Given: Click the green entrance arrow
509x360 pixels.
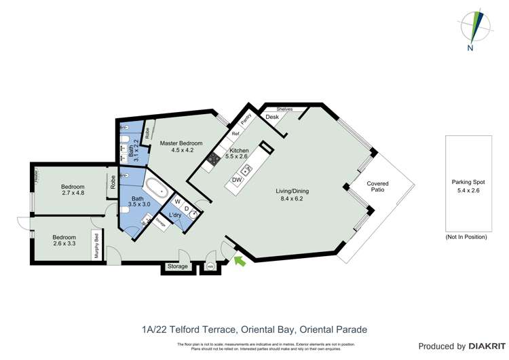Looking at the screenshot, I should (x=239, y=261).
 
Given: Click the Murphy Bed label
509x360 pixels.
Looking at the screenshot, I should (x=97, y=247).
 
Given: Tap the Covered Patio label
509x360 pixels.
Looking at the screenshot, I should (x=377, y=187).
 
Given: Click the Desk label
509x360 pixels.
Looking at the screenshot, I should (x=272, y=118).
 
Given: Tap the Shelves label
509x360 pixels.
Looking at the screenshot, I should (x=284, y=109).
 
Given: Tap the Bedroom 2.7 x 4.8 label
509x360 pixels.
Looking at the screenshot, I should (x=73, y=190).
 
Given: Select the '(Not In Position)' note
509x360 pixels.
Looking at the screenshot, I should (x=466, y=236).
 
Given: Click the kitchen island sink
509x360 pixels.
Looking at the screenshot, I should (x=247, y=170).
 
